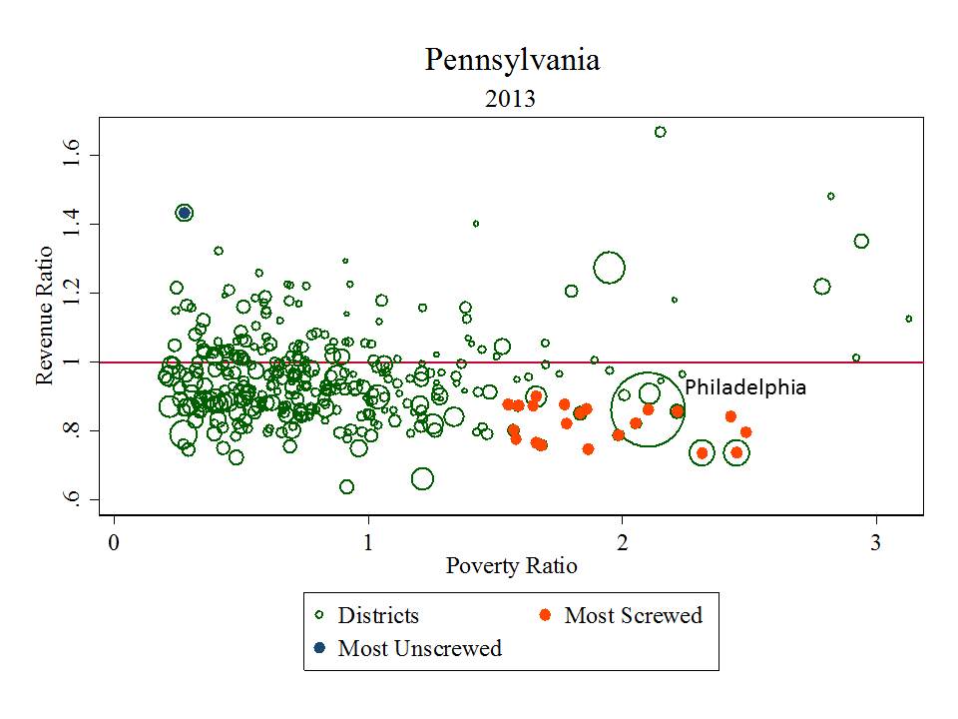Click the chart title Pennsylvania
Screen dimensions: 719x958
(512, 60)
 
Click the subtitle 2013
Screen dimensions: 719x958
(511, 99)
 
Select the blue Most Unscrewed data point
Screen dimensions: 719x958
(184, 213)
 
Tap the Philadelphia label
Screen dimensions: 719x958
(745, 387)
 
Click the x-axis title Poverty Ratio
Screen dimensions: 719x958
(511, 565)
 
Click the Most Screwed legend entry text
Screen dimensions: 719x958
(634, 615)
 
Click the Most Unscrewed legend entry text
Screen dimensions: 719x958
(419, 648)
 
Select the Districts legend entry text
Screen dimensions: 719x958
(378, 615)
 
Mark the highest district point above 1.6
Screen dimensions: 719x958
(660, 132)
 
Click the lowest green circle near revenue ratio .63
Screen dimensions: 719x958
(346, 487)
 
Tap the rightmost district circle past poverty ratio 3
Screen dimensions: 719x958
(908, 319)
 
